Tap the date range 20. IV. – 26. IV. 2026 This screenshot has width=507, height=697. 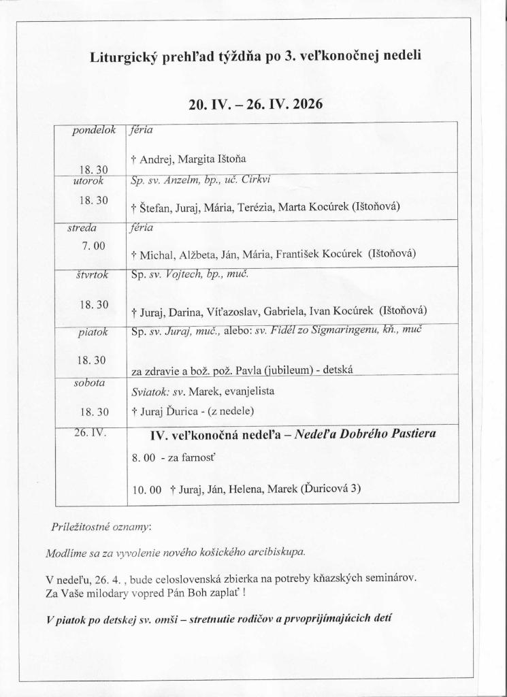click(255, 105)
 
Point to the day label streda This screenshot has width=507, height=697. click(82, 228)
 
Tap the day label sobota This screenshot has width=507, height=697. click(89, 383)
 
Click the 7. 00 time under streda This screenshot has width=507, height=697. click(93, 245)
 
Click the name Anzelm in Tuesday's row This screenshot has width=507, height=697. click(184, 182)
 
